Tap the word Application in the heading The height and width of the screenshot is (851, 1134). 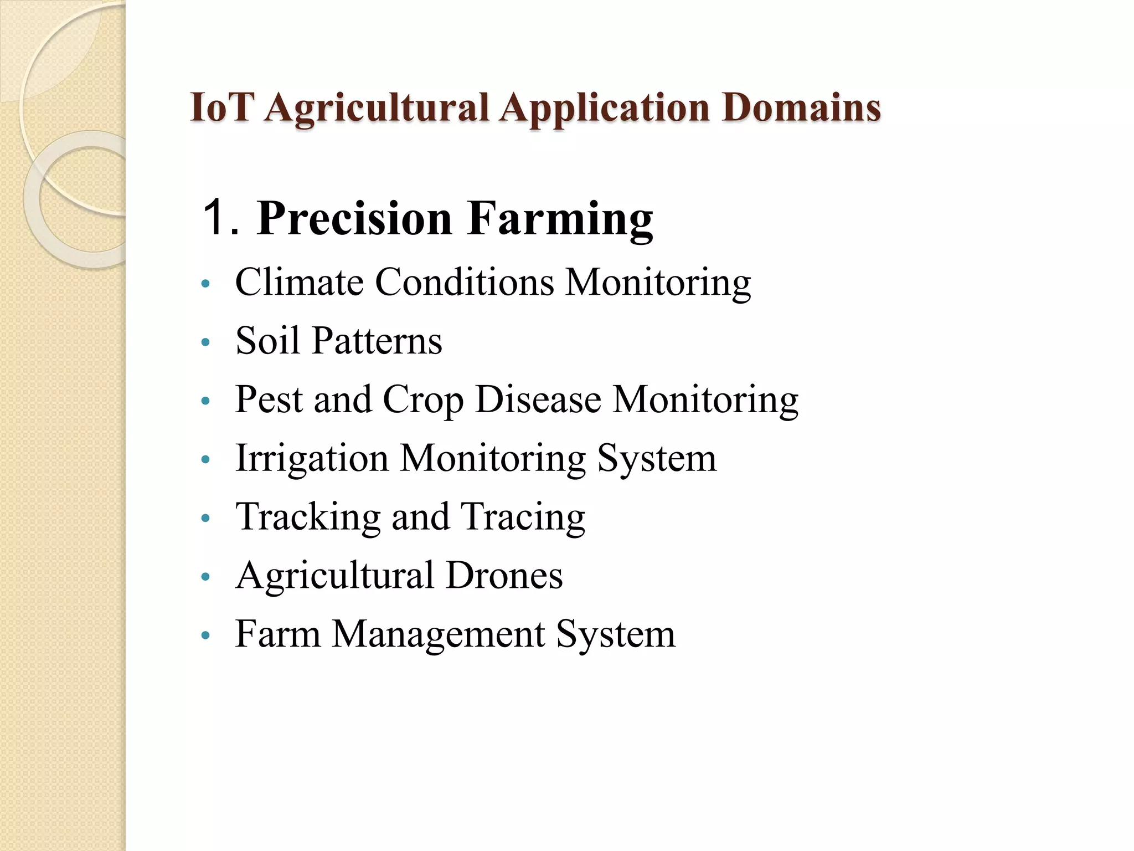tap(604, 108)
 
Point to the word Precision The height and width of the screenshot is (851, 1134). tap(354, 219)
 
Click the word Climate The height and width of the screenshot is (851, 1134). tap(299, 282)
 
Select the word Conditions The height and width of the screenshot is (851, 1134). tap(465, 282)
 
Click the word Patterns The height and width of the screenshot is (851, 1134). tap(377, 340)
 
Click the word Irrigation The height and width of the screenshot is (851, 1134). tap(312, 459)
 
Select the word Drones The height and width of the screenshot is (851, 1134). tap(504, 575)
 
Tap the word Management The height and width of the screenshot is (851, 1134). tap(438, 634)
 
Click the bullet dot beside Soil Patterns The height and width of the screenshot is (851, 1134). tap(206, 342)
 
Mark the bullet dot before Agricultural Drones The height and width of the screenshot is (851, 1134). tap(206, 577)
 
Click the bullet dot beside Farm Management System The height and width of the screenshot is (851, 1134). tap(206, 636)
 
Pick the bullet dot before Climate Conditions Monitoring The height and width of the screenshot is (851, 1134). tap(206, 284)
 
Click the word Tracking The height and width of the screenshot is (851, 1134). tap(308, 517)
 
